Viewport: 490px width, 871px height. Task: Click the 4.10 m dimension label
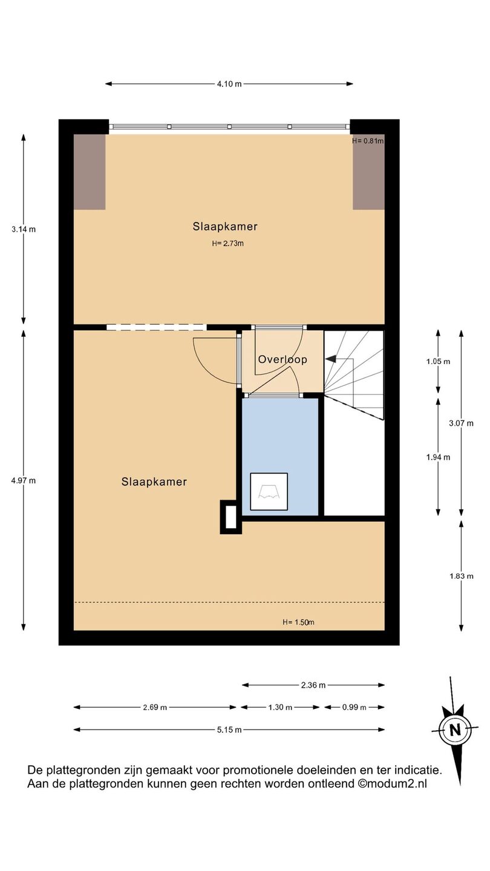(229, 83)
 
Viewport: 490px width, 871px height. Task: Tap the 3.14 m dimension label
(24, 229)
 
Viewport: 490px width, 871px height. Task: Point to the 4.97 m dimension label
(24, 481)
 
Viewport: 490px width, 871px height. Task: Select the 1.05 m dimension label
(438, 362)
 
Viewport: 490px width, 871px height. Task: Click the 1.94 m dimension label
(438, 457)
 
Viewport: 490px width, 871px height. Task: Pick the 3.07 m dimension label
(461, 423)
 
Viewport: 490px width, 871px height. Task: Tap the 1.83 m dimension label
(461, 576)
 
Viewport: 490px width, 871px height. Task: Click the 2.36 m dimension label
(313, 685)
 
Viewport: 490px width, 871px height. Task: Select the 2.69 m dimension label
(155, 707)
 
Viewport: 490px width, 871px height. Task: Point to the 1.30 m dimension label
(280, 707)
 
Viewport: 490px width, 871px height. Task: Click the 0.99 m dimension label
(354, 707)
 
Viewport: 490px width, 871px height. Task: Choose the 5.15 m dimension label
(229, 730)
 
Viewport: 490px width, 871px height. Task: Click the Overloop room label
(283, 359)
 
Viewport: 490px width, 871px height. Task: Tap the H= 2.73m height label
(228, 244)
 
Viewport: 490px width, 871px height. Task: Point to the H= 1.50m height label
(298, 622)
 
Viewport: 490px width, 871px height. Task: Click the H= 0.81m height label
(368, 141)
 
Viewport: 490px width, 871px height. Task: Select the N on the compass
(455, 729)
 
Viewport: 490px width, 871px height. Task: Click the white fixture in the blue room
(269, 492)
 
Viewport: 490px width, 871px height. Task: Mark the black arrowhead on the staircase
(330, 359)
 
